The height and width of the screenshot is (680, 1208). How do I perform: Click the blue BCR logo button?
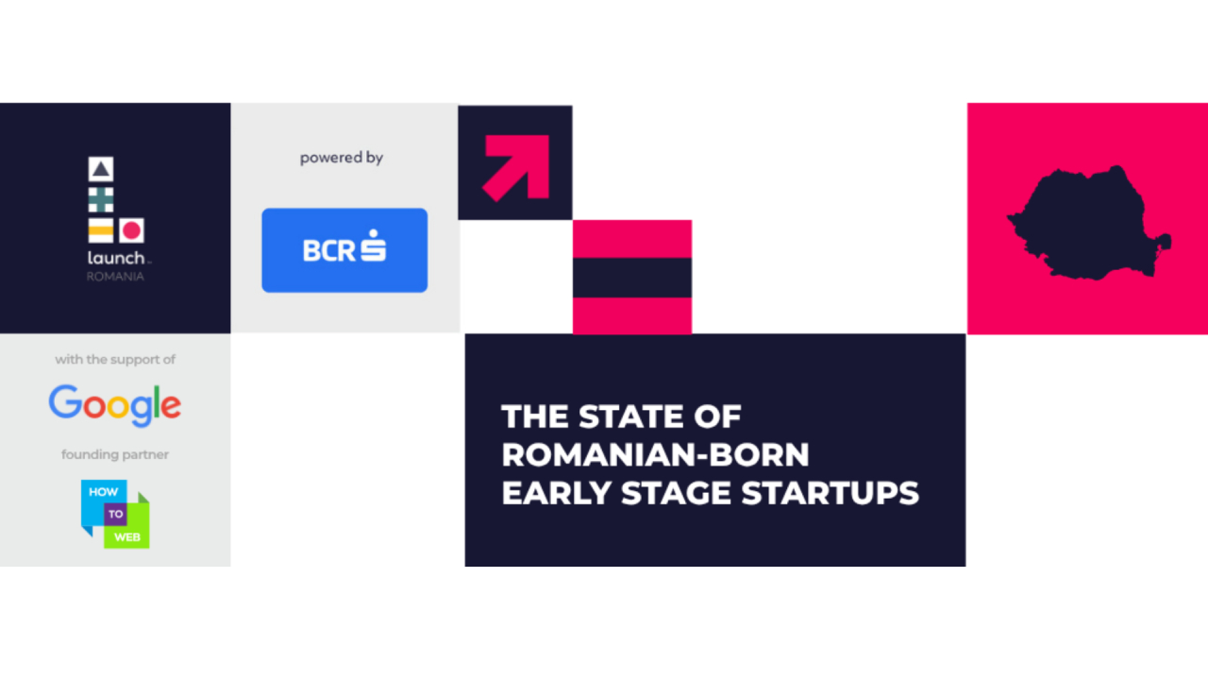(344, 250)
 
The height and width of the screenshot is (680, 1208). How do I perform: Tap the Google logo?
(115, 404)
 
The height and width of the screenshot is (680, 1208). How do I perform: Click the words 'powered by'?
(342, 158)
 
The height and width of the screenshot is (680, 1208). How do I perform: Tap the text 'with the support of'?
(115, 359)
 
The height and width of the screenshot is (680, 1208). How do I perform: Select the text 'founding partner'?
(115, 454)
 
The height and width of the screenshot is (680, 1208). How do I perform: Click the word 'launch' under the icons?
(116, 258)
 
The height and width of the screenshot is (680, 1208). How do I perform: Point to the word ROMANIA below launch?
(115, 277)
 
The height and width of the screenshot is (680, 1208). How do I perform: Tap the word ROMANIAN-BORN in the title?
(655, 454)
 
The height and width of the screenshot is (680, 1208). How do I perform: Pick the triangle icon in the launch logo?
(101, 170)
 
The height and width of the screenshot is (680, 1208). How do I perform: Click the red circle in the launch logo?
(131, 229)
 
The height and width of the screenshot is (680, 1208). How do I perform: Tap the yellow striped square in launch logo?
(101, 229)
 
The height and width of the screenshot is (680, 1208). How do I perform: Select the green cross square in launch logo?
(101, 199)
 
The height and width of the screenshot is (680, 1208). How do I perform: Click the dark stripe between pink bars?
(631, 278)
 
